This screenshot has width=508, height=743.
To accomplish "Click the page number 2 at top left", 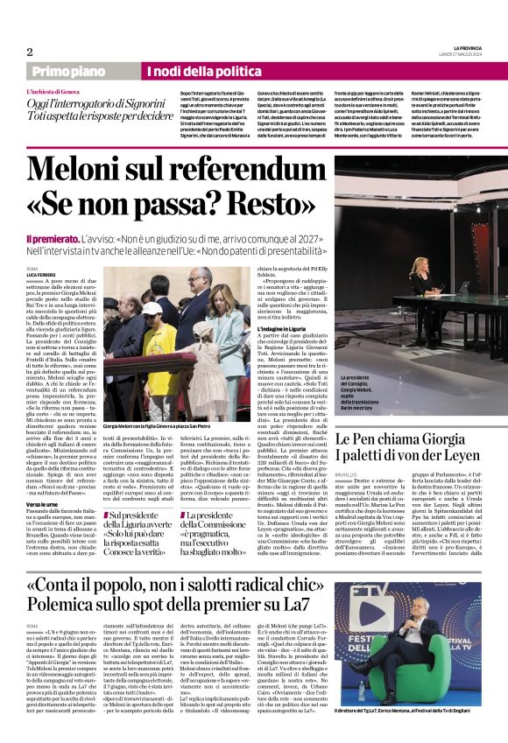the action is click(x=29, y=52).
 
